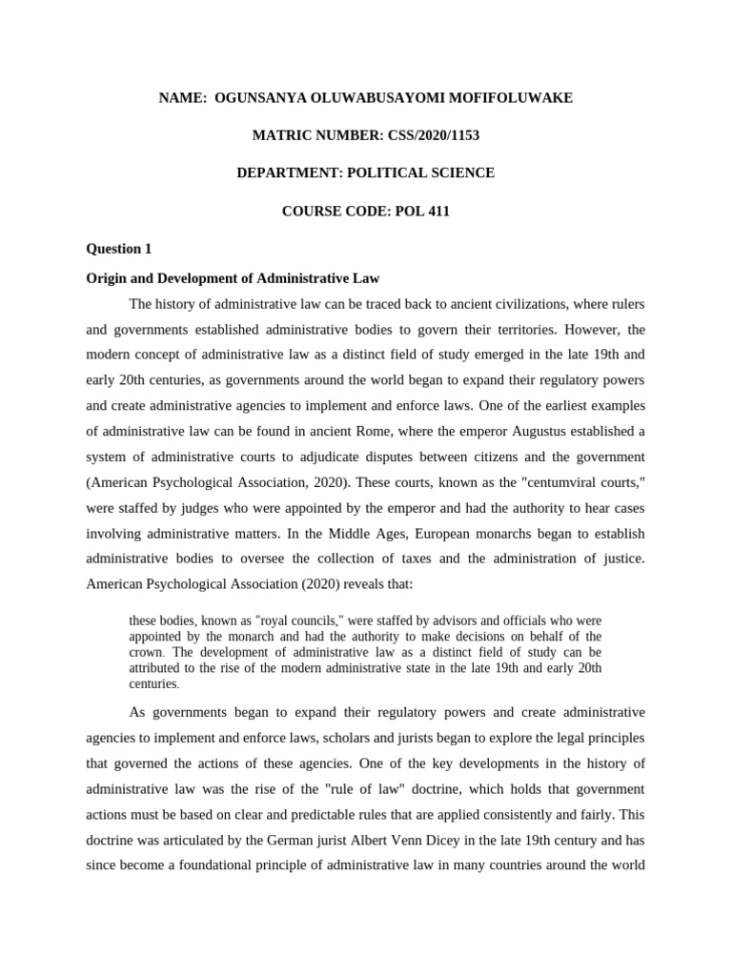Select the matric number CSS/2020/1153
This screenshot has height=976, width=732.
pos(433,135)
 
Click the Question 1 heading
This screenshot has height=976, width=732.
pos(119,249)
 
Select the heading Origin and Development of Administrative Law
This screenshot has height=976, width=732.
pos(233,278)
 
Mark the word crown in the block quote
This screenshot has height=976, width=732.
pos(145,653)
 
